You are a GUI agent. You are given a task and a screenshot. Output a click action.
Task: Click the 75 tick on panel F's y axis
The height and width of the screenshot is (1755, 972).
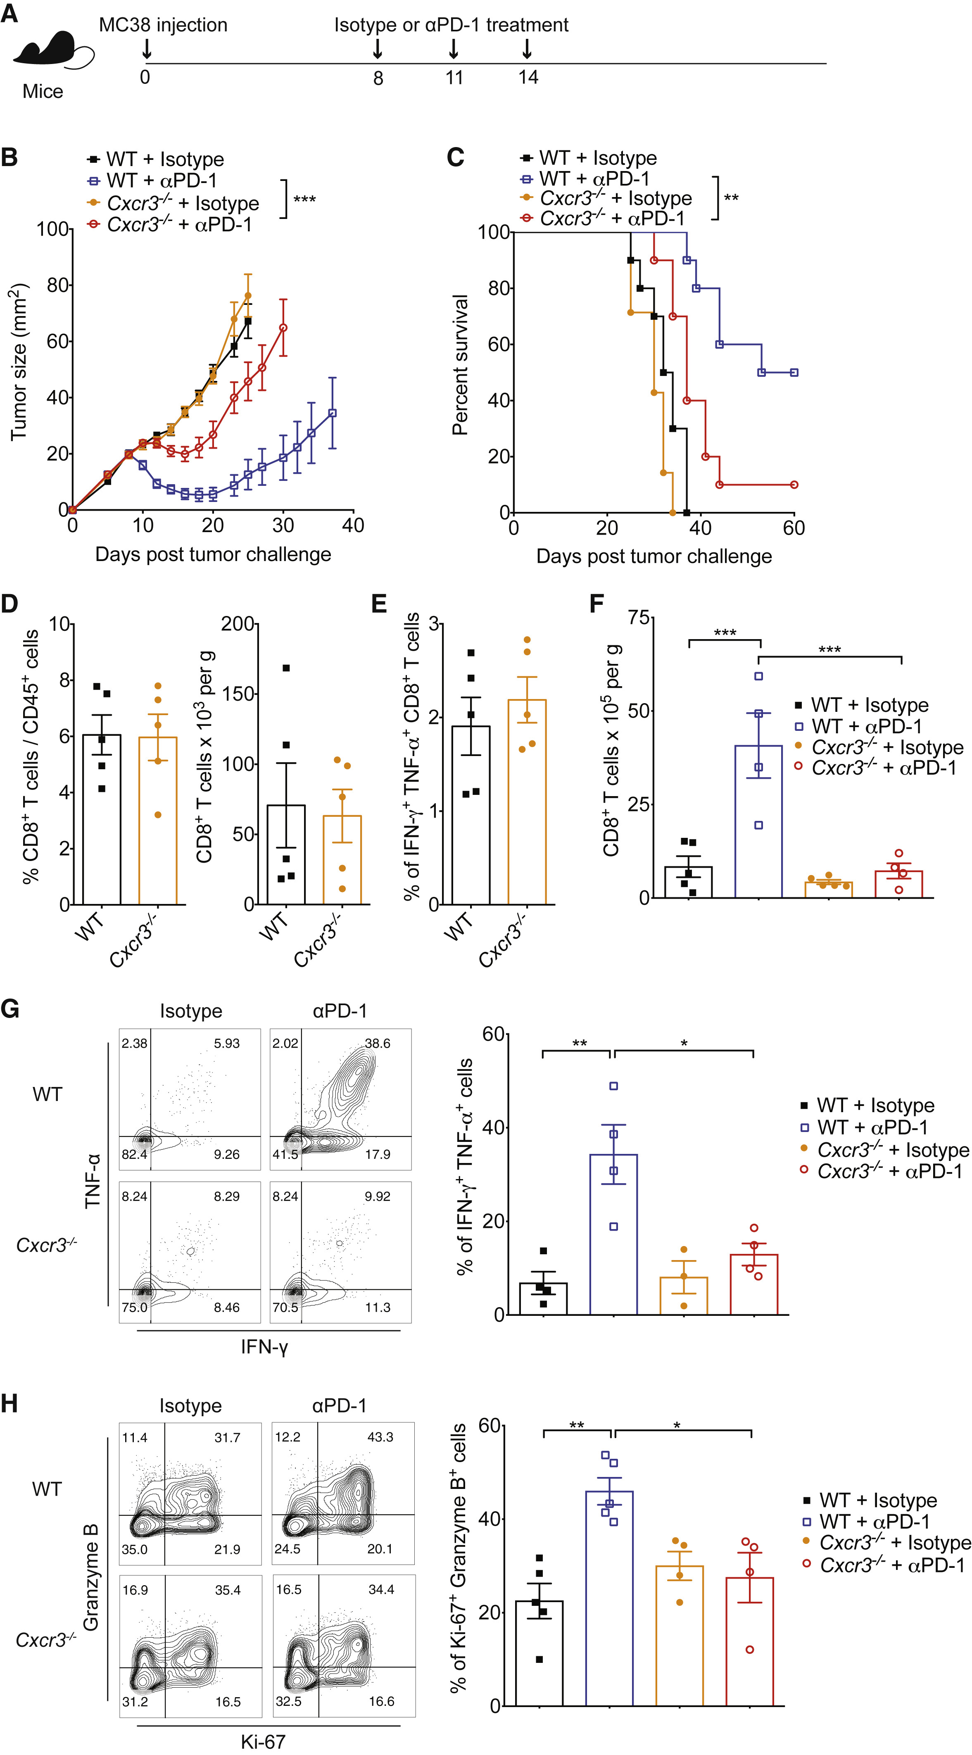(x=637, y=617)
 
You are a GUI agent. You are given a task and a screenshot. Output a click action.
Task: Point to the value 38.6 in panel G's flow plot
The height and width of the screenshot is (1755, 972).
(x=377, y=1044)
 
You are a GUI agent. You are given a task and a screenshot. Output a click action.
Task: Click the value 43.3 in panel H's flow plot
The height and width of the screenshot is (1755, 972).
(x=380, y=1438)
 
